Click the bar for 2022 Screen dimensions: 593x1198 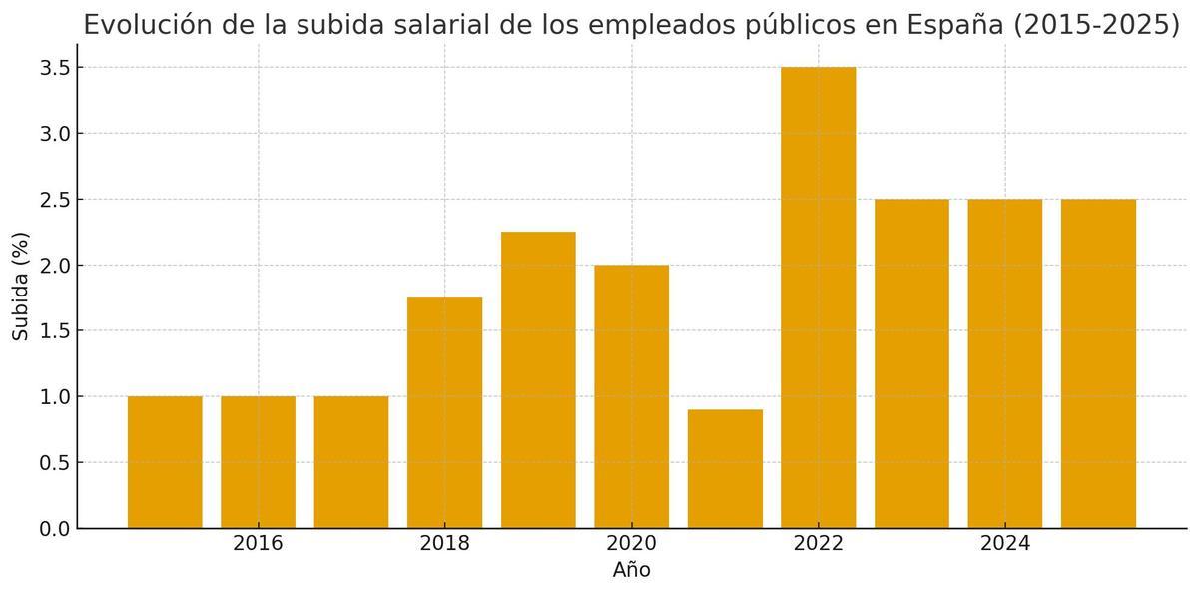[x=818, y=297]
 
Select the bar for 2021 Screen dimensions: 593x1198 [x=725, y=469]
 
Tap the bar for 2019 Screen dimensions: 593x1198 [x=538, y=379]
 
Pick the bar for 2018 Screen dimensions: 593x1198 [x=444, y=412]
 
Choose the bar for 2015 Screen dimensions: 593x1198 [x=165, y=462]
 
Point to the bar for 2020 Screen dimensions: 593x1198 [x=631, y=396]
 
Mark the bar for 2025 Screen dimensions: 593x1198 [x=1098, y=363]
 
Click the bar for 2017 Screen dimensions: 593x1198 [x=351, y=462]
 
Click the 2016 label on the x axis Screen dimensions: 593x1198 [x=258, y=544]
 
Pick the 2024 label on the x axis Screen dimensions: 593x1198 [x=1004, y=544]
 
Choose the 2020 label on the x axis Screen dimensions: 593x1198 [x=631, y=544]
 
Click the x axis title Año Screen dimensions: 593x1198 [x=631, y=571]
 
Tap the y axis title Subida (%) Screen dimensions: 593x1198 [x=21, y=287]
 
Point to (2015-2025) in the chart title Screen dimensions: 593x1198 [x=1097, y=25]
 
